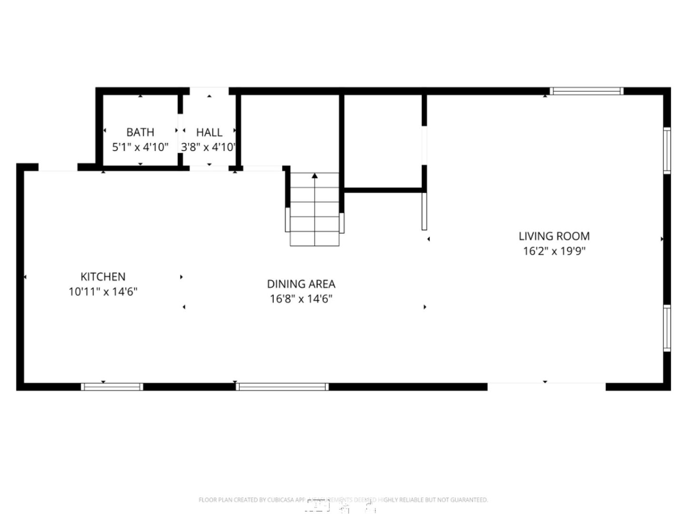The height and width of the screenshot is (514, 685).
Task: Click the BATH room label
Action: coord(140,132)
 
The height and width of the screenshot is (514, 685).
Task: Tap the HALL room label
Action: coord(209,132)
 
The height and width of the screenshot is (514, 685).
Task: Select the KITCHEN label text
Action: coord(103,277)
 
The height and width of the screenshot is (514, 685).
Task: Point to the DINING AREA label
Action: coord(301,284)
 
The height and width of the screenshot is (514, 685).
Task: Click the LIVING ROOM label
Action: coord(554,236)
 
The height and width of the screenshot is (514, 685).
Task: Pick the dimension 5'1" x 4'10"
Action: coord(140,147)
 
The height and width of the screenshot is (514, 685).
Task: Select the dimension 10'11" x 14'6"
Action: coord(103,292)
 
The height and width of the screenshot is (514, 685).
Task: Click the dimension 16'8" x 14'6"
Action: coord(301,299)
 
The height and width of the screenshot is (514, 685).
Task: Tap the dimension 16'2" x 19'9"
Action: coord(554,251)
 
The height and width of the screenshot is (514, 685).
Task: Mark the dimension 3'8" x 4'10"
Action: coord(208,147)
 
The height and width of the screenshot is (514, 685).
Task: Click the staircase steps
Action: coord(315,214)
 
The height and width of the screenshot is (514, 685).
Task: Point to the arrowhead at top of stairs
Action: coord(315,176)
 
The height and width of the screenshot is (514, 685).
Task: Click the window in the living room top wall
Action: coord(586,91)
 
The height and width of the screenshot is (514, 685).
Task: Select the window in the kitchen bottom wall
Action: coord(112,386)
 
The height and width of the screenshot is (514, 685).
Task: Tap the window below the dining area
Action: coord(282,386)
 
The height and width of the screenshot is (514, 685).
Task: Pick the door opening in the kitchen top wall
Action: coord(58,167)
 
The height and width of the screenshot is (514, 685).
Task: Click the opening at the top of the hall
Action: coord(209,91)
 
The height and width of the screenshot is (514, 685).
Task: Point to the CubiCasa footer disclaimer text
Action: coord(343,500)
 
